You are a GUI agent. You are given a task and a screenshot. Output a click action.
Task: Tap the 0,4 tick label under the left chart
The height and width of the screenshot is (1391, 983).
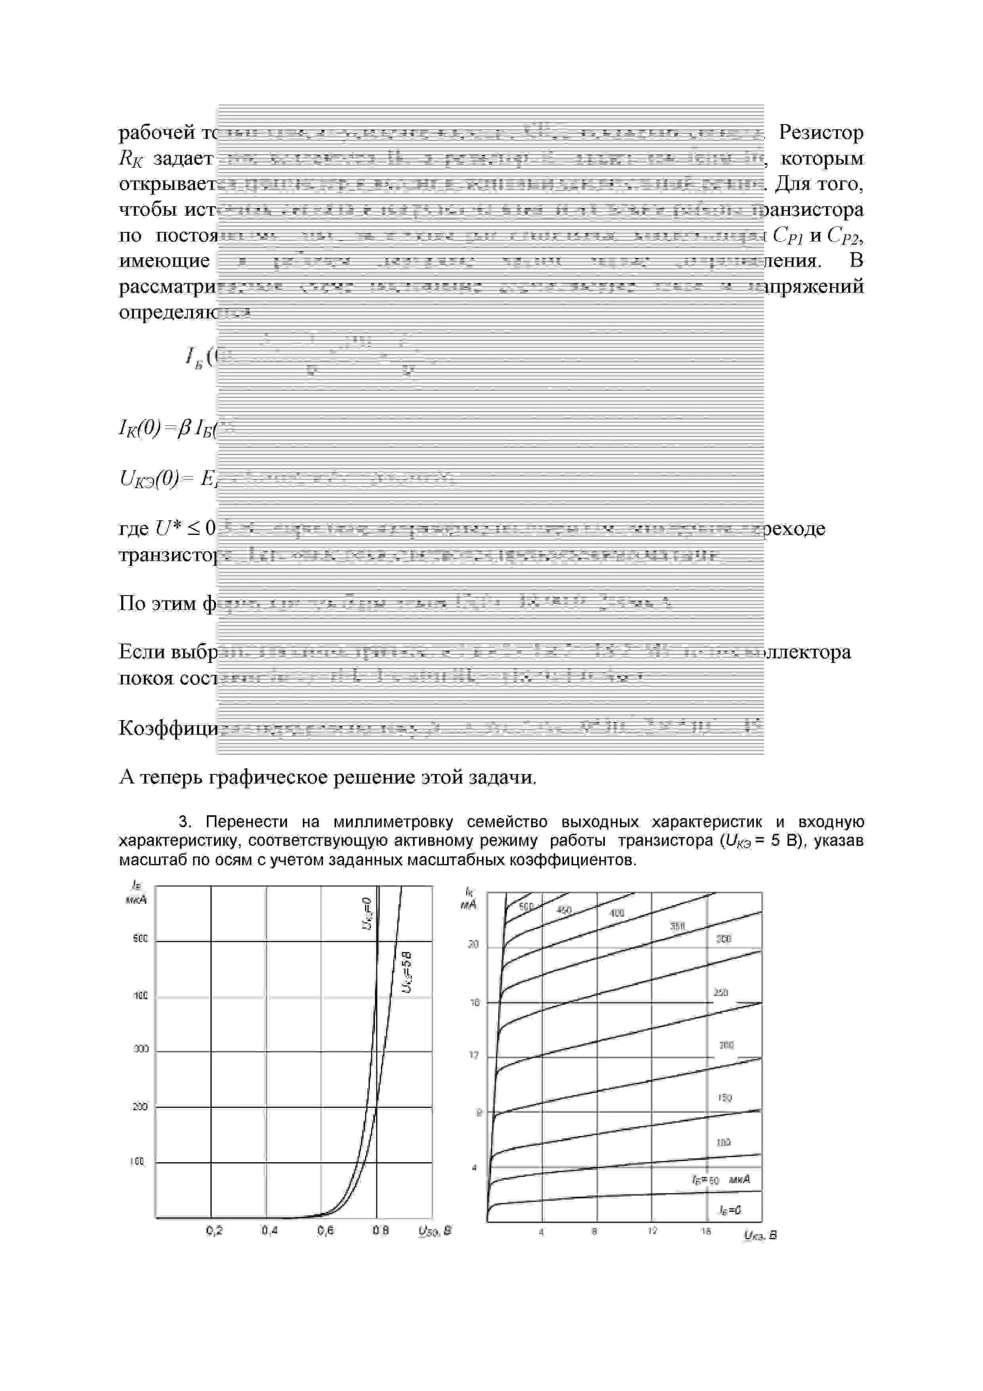270,1230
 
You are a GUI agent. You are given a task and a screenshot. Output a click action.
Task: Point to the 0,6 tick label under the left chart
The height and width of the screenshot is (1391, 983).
325,1230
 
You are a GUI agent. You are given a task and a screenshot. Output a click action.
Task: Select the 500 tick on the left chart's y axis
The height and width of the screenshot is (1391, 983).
140,939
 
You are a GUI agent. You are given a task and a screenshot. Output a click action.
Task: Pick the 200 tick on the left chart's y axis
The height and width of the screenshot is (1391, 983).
140,1106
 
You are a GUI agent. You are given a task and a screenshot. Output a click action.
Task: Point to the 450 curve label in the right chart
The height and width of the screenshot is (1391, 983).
564,910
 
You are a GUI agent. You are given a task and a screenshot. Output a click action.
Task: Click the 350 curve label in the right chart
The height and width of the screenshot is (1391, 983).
677,926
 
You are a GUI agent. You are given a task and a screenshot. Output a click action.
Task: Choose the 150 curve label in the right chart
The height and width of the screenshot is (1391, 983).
725,1098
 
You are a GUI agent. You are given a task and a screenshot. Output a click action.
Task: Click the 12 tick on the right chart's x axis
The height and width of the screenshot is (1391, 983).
652,1232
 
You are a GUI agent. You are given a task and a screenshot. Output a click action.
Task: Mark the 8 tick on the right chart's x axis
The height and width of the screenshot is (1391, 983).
595,1232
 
